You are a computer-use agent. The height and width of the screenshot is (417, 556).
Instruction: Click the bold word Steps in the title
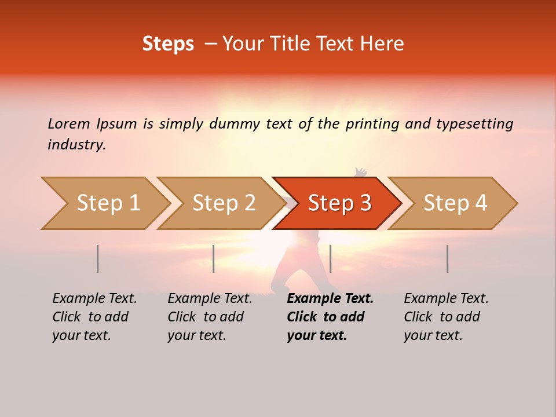(168, 44)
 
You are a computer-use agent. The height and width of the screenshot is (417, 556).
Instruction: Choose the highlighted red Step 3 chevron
(339, 203)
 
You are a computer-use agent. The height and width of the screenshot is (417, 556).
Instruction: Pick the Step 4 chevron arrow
(455, 203)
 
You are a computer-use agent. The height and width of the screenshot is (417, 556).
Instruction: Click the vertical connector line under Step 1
(98, 258)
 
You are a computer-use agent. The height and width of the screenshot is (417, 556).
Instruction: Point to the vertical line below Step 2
(214, 258)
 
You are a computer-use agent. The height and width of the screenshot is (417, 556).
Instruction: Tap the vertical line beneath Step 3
(330, 258)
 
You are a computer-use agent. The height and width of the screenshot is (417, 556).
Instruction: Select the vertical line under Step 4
(447, 258)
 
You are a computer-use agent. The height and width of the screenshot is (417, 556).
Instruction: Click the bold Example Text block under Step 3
(330, 317)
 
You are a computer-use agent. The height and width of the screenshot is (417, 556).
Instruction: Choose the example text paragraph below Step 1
(94, 317)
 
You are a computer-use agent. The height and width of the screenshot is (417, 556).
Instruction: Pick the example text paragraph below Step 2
(210, 317)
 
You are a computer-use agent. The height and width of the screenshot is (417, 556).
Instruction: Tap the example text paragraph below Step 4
(446, 317)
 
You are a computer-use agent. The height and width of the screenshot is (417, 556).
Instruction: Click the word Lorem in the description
(69, 124)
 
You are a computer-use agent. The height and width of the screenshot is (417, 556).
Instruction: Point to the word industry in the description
(76, 145)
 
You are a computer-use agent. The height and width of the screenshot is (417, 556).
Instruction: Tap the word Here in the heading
(382, 44)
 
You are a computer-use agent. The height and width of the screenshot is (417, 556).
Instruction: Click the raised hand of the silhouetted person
(360, 172)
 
